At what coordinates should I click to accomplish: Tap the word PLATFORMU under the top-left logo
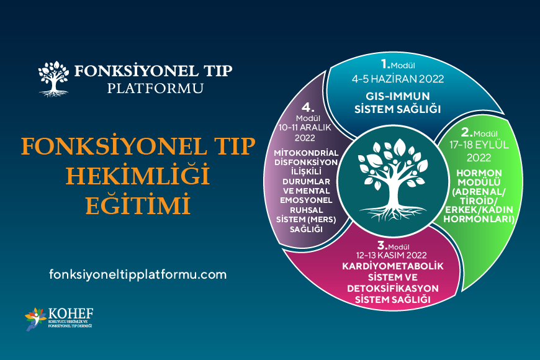155,88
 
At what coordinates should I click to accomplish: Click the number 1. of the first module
385,63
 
